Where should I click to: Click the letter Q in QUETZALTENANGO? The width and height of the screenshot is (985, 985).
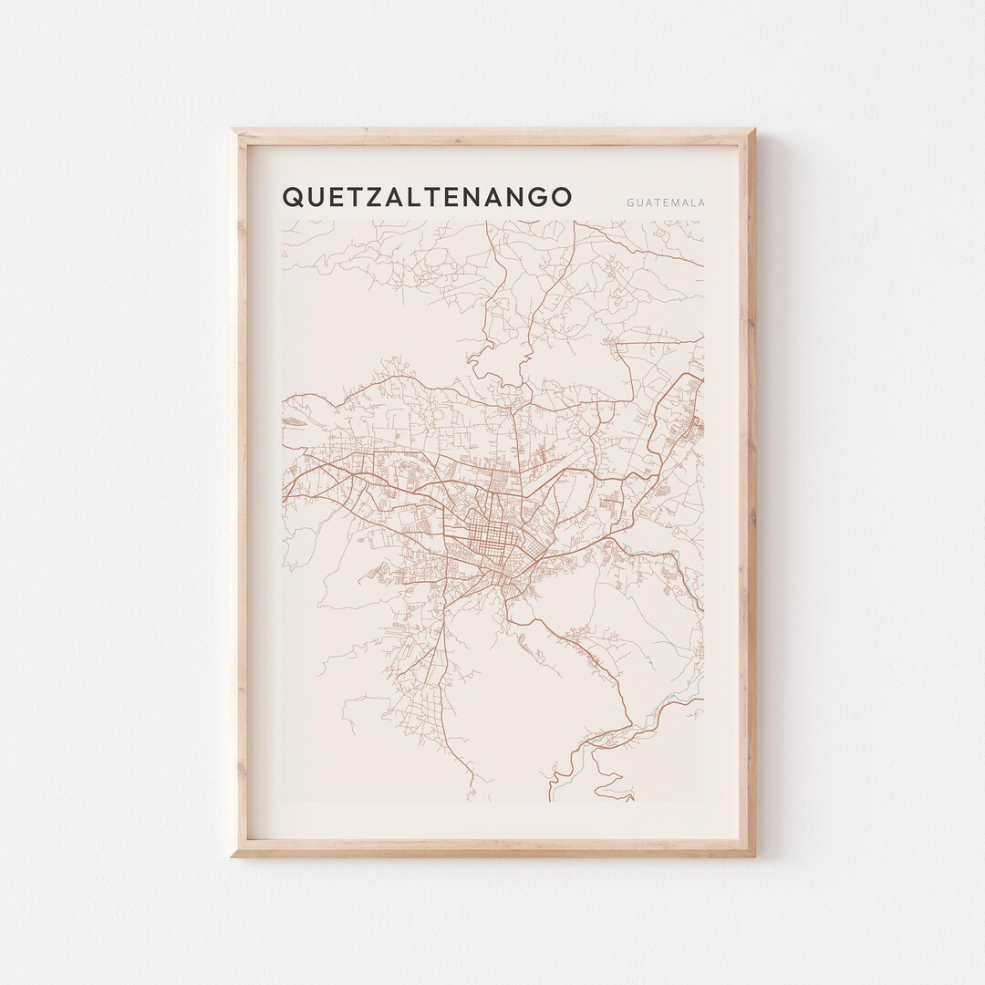[x=295, y=197]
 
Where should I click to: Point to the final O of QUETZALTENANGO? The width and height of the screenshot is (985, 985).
[x=561, y=197]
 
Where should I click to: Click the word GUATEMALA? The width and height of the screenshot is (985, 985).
[x=666, y=202]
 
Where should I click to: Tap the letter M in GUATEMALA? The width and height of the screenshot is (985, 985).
[x=677, y=202]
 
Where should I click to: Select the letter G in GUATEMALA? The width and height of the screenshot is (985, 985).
[x=630, y=202]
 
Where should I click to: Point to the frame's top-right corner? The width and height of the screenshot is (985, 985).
[x=755, y=130]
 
